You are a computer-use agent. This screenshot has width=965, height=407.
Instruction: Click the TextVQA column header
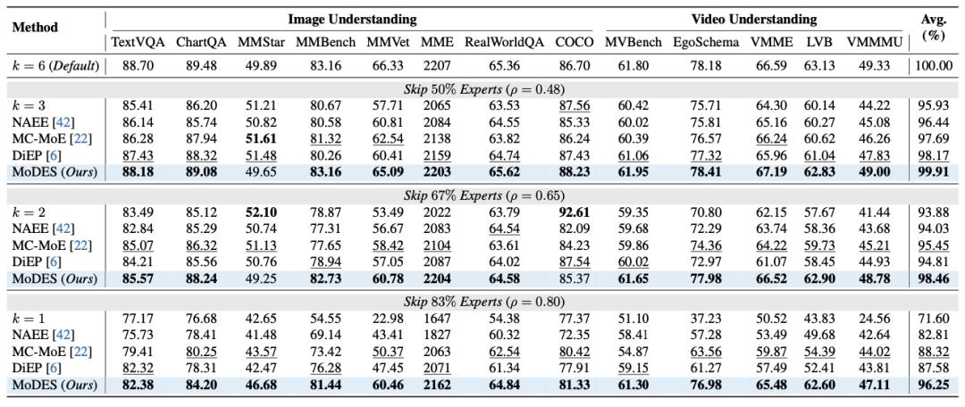[x=138, y=41]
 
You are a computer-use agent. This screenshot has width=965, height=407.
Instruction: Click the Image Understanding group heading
[x=351, y=19]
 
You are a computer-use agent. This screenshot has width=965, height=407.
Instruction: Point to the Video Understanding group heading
[x=753, y=19]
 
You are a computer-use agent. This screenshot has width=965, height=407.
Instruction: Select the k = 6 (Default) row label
[x=55, y=66]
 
